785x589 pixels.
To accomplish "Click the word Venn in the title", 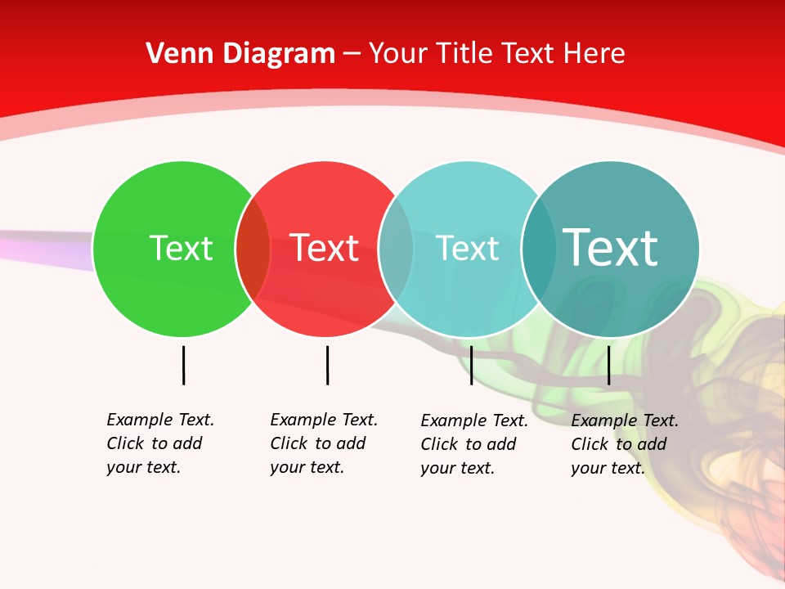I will (173, 53).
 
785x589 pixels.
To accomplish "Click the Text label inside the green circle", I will (181, 248).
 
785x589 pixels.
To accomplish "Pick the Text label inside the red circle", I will (324, 248).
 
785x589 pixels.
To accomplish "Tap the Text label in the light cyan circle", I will (467, 248).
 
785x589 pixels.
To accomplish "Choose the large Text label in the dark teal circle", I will (610, 247).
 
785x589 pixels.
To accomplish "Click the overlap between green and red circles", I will (253, 249).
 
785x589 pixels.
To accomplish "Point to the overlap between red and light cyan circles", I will (396, 249).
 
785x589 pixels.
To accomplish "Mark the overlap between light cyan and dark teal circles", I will (539, 249).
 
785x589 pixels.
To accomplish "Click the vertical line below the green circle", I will (183, 365).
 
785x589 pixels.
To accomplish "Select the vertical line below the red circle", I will (327, 365).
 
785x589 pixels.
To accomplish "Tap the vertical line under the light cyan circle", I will (471, 365).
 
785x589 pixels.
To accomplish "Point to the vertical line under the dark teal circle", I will (608, 365).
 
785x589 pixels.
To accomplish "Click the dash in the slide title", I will (352, 55).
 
